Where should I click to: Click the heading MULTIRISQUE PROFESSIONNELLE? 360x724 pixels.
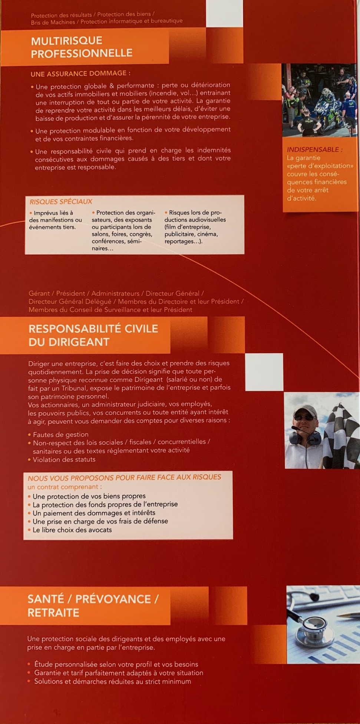(82, 47)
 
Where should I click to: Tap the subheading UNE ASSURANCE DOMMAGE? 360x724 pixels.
(80, 74)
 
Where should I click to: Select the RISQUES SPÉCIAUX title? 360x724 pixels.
(61, 202)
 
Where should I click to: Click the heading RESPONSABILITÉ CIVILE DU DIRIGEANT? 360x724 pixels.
(93, 335)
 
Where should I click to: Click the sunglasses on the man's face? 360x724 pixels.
(304, 418)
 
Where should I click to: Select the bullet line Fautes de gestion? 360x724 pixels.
(60, 434)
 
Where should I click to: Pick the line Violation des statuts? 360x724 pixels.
(64, 459)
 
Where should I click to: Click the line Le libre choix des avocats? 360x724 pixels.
(72, 530)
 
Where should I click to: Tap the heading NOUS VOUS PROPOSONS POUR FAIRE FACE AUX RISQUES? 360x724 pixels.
(124, 477)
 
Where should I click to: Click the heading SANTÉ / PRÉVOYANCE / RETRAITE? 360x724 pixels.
(93, 605)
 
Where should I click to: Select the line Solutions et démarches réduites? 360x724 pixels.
(112, 681)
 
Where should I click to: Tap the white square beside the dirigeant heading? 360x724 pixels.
(264, 372)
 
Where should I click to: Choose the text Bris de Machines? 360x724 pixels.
(53, 22)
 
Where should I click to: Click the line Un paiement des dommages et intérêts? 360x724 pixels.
(94, 513)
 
